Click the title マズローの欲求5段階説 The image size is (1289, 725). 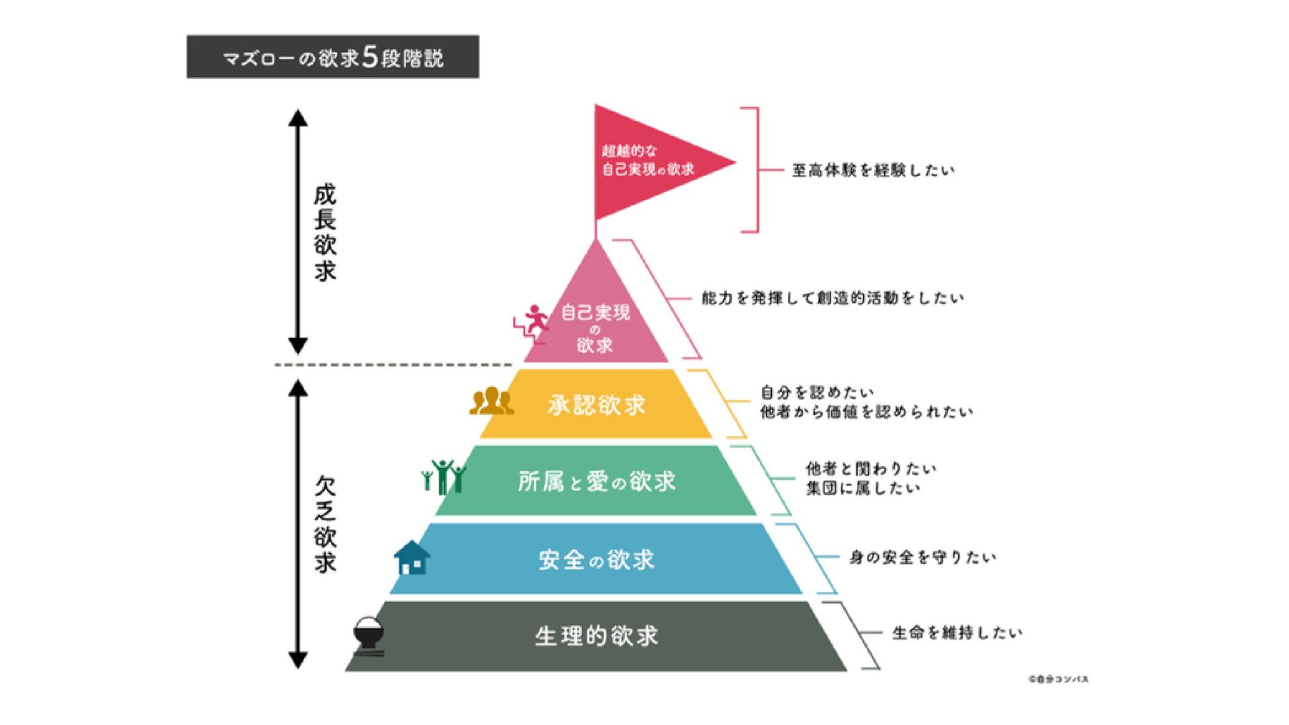[x=333, y=57]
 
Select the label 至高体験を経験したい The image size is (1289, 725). [x=873, y=171]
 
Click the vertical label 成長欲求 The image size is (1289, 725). [x=325, y=232]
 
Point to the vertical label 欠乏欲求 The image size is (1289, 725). [x=325, y=524]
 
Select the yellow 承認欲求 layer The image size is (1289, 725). [x=596, y=404]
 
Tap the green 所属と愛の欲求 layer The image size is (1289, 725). [x=596, y=481]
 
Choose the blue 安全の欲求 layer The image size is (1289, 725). [x=596, y=559]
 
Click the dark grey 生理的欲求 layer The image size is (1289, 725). [x=596, y=636]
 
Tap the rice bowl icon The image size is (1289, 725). [x=369, y=635]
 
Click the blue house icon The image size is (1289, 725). [x=412, y=558]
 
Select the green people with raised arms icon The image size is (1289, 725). [x=443, y=477]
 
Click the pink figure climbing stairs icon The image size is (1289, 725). [x=532, y=324]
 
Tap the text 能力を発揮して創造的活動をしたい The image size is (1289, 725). [x=832, y=298]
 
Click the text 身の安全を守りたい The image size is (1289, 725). [x=922, y=557]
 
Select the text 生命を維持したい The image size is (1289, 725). [x=957, y=633]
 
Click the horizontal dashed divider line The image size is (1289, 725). [x=393, y=365]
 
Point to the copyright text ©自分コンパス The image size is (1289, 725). [x=1058, y=679]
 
